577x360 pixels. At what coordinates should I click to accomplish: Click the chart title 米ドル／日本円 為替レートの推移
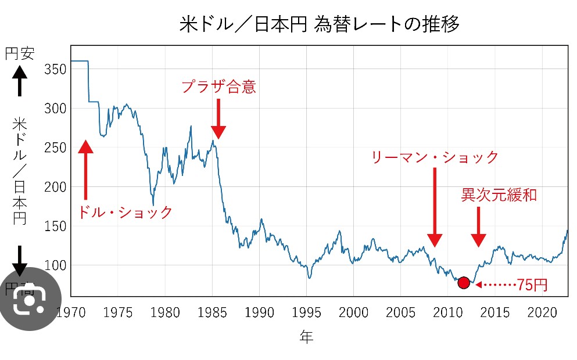(319, 24)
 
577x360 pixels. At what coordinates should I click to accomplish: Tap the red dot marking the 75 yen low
(463, 283)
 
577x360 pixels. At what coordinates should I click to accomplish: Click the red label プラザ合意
(218, 87)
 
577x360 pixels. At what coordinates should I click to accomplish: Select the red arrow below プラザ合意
(218, 120)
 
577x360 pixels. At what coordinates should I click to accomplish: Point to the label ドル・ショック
(125, 212)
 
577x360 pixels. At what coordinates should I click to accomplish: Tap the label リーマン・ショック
(435, 157)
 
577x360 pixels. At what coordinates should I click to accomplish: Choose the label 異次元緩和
(498, 195)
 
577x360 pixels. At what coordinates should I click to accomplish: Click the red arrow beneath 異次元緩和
(478, 226)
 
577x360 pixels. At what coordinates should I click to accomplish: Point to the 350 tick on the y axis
(55, 70)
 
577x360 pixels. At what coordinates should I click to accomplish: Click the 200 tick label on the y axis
(55, 187)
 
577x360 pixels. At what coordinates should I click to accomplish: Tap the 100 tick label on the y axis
(55, 265)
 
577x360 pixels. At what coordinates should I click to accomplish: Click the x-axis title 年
(306, 338)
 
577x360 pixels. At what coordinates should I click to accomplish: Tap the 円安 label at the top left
(20, 55)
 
